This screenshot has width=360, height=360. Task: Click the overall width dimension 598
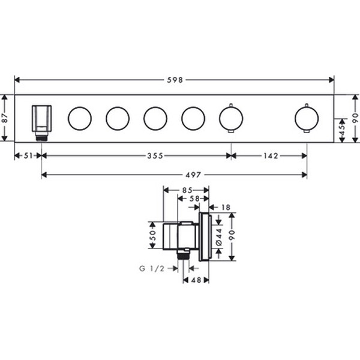(175, 79)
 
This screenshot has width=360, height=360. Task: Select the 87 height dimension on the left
(5, 118)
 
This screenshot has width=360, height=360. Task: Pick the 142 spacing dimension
(269, 156)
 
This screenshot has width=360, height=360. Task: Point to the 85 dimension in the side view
(187, 191)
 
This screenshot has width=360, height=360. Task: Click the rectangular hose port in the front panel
(41, 118)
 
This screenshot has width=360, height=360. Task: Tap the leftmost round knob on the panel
(79, 118)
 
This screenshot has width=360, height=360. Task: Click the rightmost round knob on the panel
(307, 118)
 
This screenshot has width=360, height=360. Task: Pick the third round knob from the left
(155, 118)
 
